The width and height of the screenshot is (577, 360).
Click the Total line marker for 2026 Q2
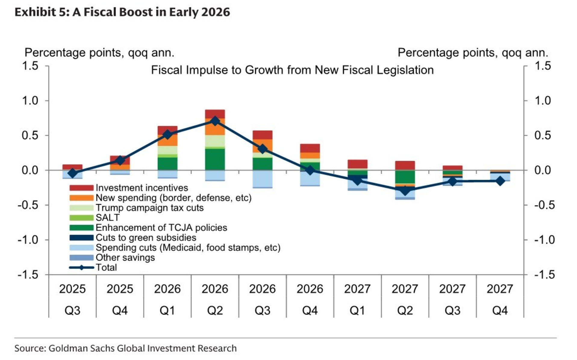[x=215, y=121]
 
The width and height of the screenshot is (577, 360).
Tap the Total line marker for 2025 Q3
[x=73, y=173]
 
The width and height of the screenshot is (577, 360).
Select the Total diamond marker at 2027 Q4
[x=500, y=181]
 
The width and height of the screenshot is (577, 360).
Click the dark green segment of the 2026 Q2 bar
[x=215, y=159]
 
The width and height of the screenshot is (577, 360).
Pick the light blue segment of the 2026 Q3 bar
[x=262, y=179]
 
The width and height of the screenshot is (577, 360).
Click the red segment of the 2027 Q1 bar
[x=357, y=164]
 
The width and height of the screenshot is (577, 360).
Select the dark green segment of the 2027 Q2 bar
[x=405, y=177]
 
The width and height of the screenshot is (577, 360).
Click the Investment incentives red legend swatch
[x=81, y=188]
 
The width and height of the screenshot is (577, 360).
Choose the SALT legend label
[x=108, y=218]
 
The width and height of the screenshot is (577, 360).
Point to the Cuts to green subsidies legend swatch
[x=81, y=238]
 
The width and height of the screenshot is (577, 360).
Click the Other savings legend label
[x=125, y=258]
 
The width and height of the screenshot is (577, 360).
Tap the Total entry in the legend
[x=106, y=268]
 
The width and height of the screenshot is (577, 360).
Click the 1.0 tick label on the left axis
[x=30, y=101]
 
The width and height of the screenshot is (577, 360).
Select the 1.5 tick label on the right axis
[x=542, y=66]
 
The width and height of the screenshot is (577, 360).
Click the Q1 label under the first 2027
[x=357, y=310]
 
